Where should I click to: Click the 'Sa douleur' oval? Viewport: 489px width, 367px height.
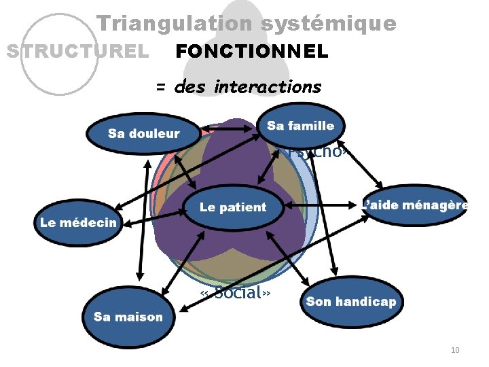pos(143,134)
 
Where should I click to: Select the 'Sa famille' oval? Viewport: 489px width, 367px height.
pos(301,126)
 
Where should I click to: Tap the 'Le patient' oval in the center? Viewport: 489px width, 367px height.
pos(233,207)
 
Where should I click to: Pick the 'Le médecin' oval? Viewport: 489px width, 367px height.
pos(78,222)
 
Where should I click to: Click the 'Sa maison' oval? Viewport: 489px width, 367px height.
pos(128,317)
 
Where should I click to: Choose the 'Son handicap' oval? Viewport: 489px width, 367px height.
pos(350,302)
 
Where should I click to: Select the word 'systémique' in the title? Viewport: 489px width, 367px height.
pos(329,24)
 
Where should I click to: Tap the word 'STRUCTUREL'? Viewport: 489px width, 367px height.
pos(77,52)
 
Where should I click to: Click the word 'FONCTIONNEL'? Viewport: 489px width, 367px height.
pos(252,52)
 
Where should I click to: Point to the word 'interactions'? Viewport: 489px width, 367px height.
pos(267,87)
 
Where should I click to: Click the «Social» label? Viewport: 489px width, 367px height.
pos(236,293)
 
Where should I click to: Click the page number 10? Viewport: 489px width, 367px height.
pos(455,350)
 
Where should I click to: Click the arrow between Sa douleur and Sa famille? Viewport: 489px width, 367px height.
pos(229,127)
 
